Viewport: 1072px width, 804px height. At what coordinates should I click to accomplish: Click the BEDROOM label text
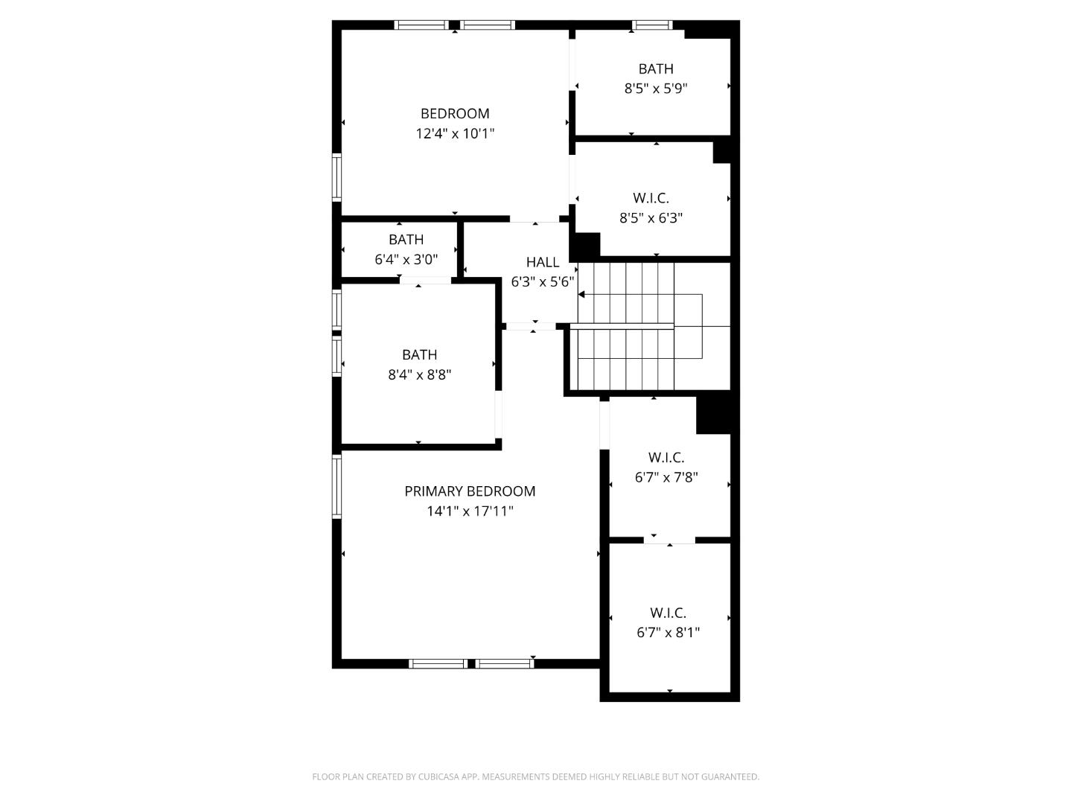pyautogui.click(x=455, y=114)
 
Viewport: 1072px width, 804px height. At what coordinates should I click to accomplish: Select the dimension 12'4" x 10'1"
pyautogui.click(x=455, y=134)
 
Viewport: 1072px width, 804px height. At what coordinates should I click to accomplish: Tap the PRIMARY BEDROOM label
pyautogui.click(x=470, y=491)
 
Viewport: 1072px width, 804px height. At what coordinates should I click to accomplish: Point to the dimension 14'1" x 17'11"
pyautogui.click(x=470, y=511)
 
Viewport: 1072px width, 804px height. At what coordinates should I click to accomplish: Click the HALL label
pyautogui.click(x=543, y=262)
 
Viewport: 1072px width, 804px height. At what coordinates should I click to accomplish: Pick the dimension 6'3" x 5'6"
pyautogui.click(x=543, y=282)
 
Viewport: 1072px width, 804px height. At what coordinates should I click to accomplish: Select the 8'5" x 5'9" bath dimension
pyautogui.click(x=656, y=89)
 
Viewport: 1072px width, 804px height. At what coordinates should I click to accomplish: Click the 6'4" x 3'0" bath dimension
pyautogui.click(x=406, y=260)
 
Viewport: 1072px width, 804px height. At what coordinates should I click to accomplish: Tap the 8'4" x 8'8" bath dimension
pyautogui.click(x=419, y=375)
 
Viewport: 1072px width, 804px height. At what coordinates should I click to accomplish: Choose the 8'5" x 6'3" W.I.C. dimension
pyautogui.click(x=651, y=218)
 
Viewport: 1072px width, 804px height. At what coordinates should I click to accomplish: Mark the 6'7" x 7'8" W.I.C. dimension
pyautogui.click(x=666, y=477)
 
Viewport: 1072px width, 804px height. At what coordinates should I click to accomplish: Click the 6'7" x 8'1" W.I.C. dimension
pyautogui.click(x=668, y=633)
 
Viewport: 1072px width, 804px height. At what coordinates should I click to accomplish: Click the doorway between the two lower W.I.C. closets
pyautogui.click(x=669, y=540)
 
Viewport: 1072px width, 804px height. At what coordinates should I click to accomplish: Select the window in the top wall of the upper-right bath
pyautogui.click(x=652, y=25)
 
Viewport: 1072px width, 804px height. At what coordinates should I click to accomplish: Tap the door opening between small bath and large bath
pyautogui.click(x=425, y=280)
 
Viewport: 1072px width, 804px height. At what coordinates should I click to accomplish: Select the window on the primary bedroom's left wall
pyautogui.click(x=336, y=487)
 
